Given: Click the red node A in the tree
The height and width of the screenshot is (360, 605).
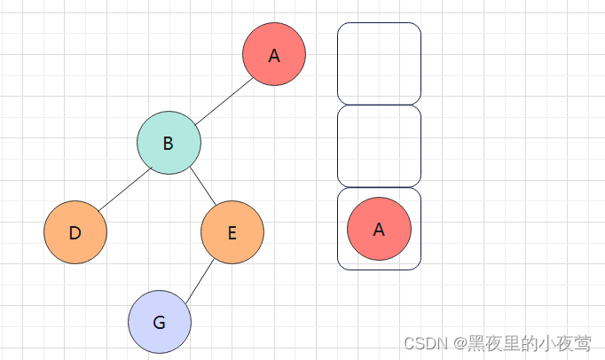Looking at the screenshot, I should coord(274,54).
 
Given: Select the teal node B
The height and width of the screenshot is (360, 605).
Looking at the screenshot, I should coord(169,143).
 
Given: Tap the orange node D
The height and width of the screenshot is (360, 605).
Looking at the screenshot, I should coord(75,232).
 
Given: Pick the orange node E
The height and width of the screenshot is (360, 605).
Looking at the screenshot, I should coord(232,232).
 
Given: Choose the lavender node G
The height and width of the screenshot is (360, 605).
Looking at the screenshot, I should coord(160,322).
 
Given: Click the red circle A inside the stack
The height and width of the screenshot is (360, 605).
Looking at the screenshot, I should coord(379,229).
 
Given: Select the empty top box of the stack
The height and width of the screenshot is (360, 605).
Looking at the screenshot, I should coord(379,63).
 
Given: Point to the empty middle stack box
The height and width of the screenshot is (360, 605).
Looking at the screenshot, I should coord(379,146).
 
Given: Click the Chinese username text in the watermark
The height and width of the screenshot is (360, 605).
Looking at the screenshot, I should coord(530,343).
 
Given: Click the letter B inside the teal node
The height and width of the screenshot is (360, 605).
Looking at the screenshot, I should coord(169,144).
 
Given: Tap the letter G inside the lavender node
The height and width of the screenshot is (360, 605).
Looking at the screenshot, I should coord(160,323).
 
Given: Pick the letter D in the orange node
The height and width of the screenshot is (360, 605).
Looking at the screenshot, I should coord(75,233).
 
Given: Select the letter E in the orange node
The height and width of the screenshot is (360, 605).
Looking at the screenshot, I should coord(232,233).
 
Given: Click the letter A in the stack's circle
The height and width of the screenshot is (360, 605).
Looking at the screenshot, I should coord(379,230).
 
